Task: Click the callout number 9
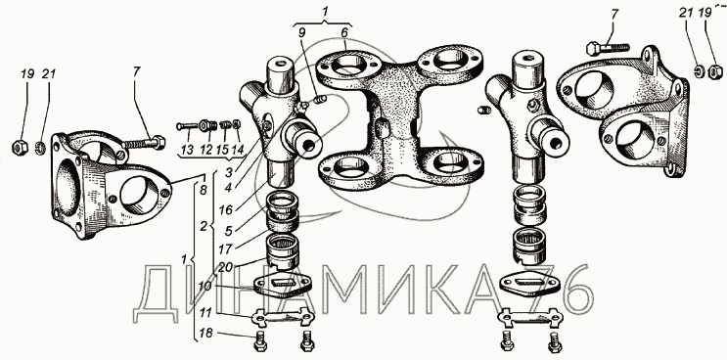coord(302,33)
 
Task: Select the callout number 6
coord(344,33)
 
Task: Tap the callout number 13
coord(188,150)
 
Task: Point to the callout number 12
coord(206,150)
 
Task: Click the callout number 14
coord(238,150)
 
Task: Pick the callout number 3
coord(229,172)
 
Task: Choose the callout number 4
coord(229,188)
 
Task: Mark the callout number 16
coord(226,210)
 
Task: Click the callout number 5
coord(229,229)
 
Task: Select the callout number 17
coord(225,248)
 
